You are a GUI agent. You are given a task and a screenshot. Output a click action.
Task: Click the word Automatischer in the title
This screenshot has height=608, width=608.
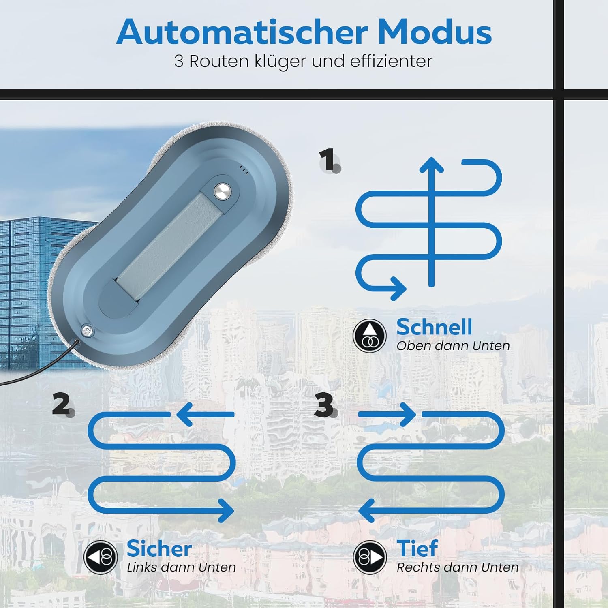[x=242, y=32]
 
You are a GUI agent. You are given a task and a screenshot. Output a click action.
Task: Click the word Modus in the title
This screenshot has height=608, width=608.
[x=435, y=32]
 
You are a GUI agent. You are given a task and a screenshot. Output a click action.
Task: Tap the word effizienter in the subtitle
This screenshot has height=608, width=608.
[x=391, y=62]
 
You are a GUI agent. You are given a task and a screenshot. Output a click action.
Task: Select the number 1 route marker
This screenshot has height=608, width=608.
[x=328, y=160]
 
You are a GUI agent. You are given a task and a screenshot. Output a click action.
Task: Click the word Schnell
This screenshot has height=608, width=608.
[x=434, y=327]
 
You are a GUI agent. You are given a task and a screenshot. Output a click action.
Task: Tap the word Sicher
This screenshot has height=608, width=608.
[x=159, y=549]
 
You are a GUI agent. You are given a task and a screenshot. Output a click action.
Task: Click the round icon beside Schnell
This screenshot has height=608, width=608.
[x=369, y=336]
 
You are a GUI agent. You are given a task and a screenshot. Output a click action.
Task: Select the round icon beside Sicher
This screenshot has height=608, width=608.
[x=101, y=557]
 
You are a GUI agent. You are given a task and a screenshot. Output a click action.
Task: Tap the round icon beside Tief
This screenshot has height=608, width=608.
[x=369, y=557]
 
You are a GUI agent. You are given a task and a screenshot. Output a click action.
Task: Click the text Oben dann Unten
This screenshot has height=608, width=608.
[x=453, y=346]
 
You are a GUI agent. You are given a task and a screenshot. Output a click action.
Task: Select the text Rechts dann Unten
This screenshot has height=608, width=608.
[x=457, y=567]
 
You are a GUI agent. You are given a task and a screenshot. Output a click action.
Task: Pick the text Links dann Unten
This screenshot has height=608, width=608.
[x=181, y=567]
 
